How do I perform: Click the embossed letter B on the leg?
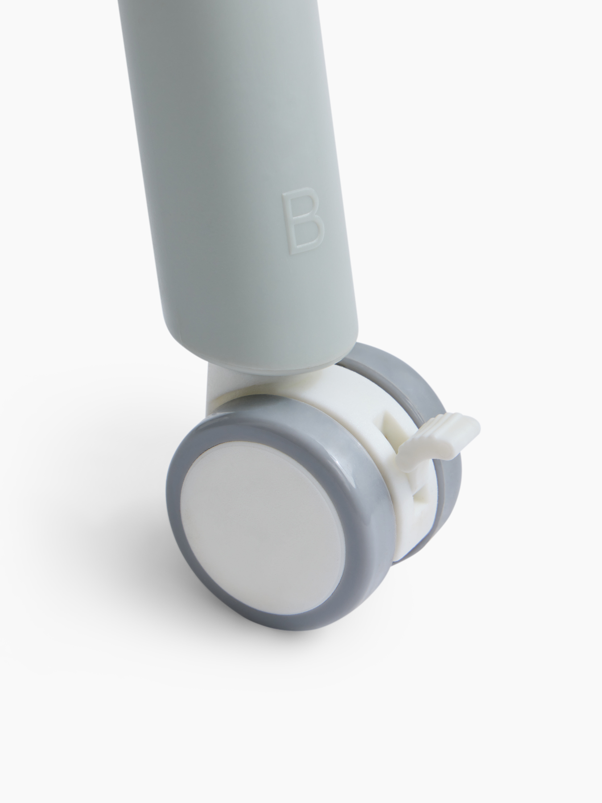(x=301, y=222)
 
